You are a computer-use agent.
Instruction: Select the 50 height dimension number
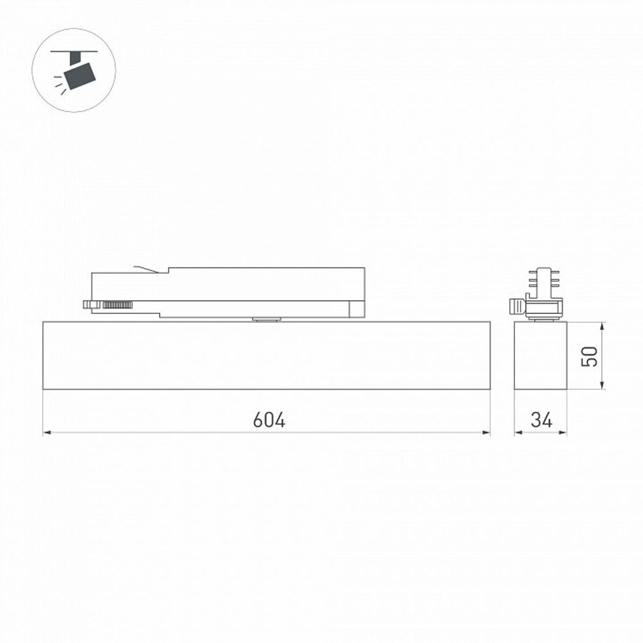click(590, 356)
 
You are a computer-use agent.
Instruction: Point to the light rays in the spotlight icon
click(60, 84)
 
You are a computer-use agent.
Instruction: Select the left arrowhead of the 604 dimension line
click(47, 433)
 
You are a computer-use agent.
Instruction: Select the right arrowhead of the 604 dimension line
click(486, 433)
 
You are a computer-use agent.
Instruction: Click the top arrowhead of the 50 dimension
click(602, 325)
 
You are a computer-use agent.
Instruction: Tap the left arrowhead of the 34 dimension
click(518, 433)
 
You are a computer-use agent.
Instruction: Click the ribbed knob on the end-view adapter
click(516, 307)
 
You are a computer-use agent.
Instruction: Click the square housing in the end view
click(540, 355)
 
